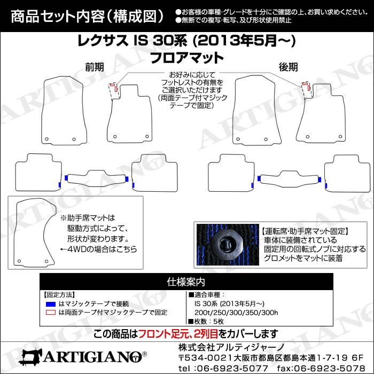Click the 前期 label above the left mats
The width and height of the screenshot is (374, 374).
click(x=95, y=67)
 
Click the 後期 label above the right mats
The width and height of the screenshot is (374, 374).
click(x=289, y=67)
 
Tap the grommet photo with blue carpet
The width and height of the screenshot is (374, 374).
click(x=228, y=245)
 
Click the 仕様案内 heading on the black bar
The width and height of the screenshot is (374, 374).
click(x=186, y=282)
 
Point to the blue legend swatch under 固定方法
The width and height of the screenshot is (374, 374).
click(x=51, y=304)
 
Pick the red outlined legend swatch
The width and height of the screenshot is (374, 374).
click(x=51, y=313)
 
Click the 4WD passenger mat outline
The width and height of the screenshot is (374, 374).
click(x=16, y=234)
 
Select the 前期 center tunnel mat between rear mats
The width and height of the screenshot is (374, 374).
click(x=96, y=178)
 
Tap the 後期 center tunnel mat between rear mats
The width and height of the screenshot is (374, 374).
click(x=290, y=179)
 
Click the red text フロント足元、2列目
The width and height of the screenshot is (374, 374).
click(x=178, y=334)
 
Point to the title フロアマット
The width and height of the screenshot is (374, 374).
click(x=187, y=58)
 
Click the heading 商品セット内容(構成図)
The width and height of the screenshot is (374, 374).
click(x=87, y=16)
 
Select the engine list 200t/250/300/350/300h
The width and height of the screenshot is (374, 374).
click(x=236, y=313)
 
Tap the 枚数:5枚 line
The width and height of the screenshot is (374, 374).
click(x=206, y=322)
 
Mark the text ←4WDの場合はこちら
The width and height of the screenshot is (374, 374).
click(x=98, y=250)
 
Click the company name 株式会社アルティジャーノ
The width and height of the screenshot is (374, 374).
click(x=231, y=347)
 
